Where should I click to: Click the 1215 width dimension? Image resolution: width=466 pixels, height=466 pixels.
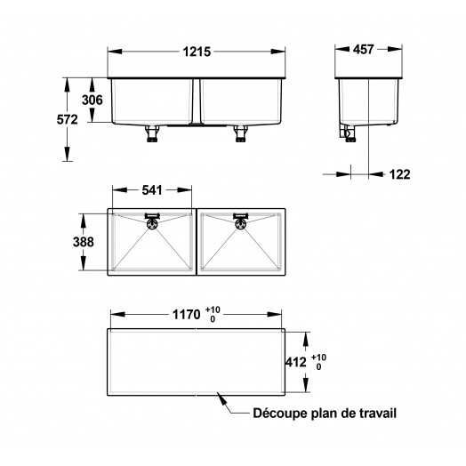coord(197,52)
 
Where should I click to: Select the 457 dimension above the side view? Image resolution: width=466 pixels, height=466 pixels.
coord(363,49)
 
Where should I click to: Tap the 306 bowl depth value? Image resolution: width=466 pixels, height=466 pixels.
coord(92,100)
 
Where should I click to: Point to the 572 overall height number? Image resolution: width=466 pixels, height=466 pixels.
coord(68,119)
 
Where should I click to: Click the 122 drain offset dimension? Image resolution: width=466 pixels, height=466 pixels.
coord(399,174)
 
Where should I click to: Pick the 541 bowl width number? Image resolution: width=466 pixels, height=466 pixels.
coord(152,190)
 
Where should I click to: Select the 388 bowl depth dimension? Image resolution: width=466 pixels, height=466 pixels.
coord(84,242)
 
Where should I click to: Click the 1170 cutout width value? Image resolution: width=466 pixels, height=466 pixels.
coord(187,315)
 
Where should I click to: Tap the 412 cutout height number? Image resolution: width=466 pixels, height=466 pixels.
coord(296,362)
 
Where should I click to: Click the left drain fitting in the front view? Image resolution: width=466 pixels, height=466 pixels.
coord(152,133)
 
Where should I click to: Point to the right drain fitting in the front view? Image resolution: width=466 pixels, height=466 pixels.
coord(241,133)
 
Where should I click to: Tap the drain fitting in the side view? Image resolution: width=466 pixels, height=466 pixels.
coord(348,133)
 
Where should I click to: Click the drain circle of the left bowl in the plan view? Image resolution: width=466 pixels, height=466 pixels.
coord(152,223)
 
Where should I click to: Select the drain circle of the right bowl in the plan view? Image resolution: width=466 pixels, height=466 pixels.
coord(240,223)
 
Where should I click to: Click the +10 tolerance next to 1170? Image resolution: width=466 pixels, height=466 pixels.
coord(213,310)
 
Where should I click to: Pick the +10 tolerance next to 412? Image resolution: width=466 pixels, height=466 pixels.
coord(318,358)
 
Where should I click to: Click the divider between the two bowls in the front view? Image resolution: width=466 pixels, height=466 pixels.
coord(197,101)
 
